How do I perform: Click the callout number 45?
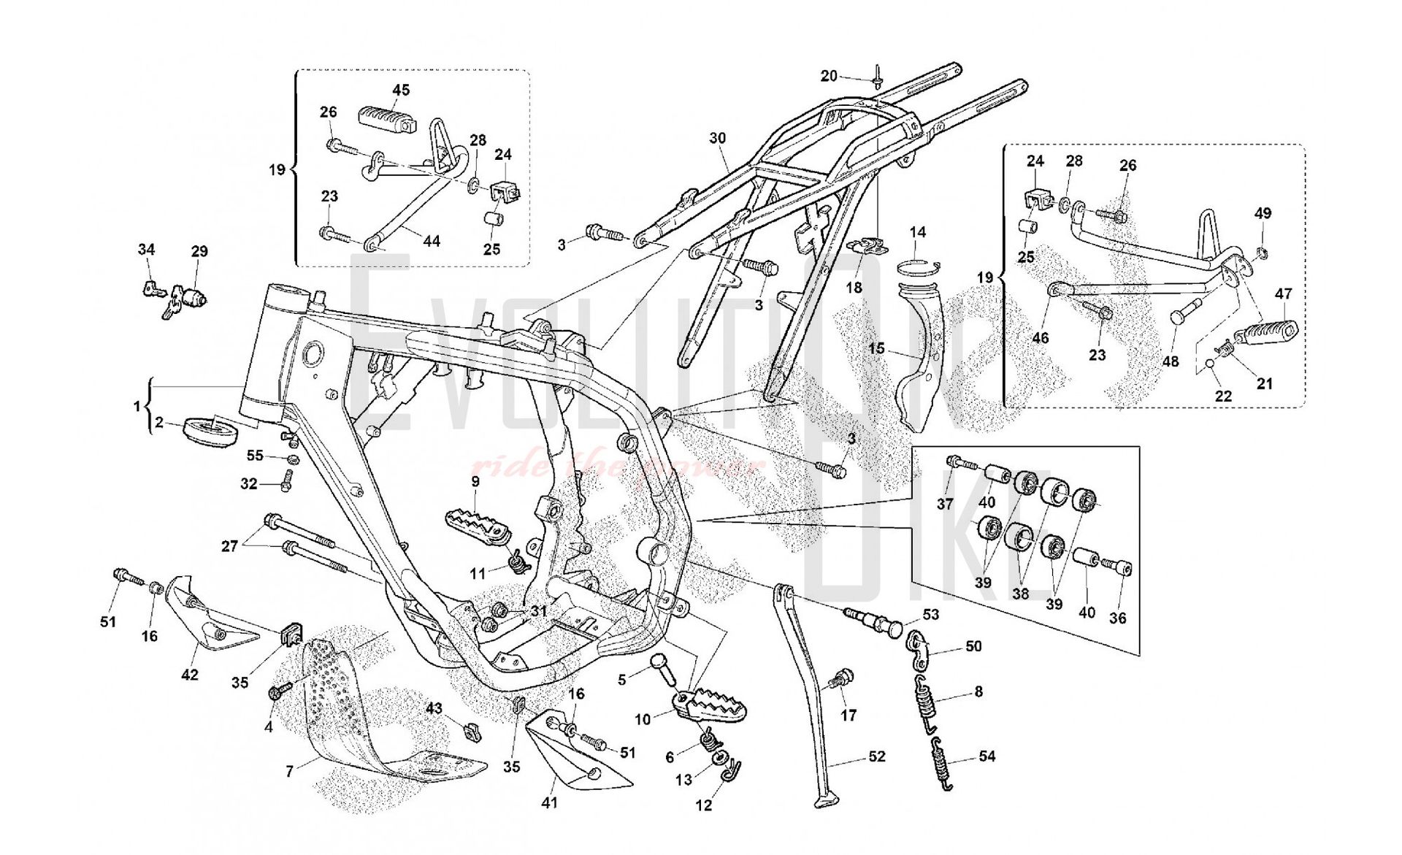click(x=401, y=90)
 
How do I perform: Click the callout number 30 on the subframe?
click(x=717, y=138)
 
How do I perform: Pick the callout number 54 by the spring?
click(x=987, y=756)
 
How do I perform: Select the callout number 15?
click(x=876, y=348)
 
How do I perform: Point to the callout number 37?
click(x=945, y=504)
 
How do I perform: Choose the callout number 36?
click(x=1117, y=618)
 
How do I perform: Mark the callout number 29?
click(x=199, y=251)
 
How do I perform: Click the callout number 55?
click(x=254, y=456)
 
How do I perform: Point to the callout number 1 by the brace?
click(x=137, y=406)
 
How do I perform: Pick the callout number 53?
click(x=930, y=615)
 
